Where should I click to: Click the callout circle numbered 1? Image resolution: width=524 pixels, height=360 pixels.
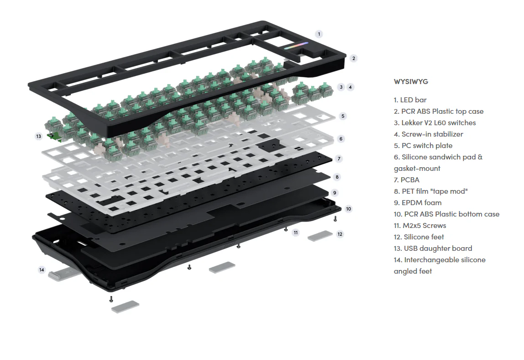point(319,34)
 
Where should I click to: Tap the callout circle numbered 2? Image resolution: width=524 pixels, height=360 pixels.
point(353,58)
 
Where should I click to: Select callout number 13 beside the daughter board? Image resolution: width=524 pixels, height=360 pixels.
point(38,136)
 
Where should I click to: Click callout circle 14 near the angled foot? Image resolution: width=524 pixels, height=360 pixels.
point(42,270)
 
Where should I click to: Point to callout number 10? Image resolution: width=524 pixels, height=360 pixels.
point(348,209)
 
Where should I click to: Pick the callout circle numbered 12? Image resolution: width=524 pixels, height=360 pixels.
point(340,234)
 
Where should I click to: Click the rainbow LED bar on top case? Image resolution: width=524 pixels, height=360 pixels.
point(296,46)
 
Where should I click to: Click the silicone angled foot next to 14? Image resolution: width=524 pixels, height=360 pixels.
point(59,275)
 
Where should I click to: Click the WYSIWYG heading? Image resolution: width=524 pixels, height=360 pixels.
point(411,82)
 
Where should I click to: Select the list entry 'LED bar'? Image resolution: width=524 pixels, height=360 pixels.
point(413,100)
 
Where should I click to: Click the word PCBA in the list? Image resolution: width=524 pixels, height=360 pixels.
point(410,180)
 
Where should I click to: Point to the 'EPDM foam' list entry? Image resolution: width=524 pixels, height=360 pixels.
point(421,202)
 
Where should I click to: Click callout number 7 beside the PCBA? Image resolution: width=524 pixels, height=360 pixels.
point(338,159)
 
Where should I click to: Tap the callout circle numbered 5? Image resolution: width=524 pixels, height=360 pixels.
point(343,116)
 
